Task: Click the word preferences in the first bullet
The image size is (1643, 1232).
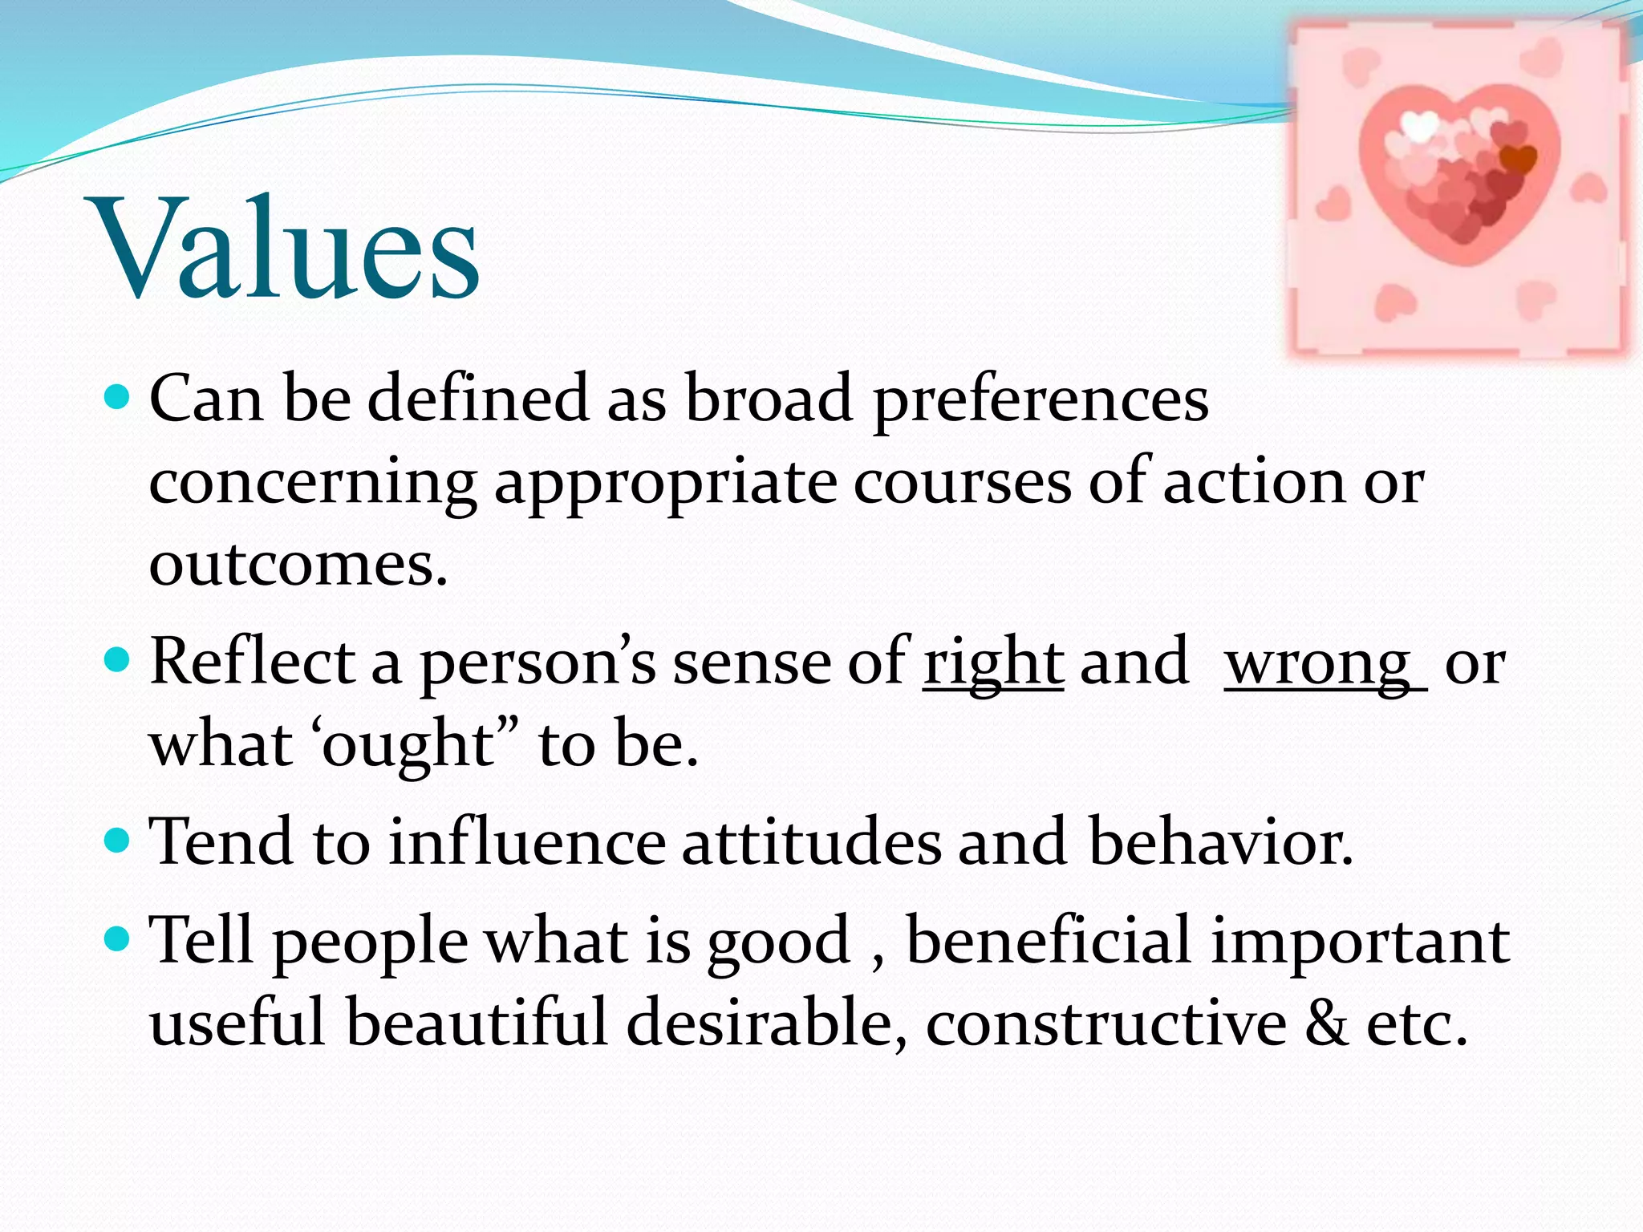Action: point(1041,399)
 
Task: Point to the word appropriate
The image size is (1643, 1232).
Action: point(665,484)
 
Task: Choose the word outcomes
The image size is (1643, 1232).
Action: point(298,564)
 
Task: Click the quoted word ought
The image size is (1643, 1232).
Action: point(408,744)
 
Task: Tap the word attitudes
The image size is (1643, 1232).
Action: point(811,842)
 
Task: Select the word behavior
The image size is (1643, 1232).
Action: point(1220,842)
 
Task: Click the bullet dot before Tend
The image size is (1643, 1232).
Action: point(118,841)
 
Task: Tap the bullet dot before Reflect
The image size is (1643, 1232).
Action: point(118,661)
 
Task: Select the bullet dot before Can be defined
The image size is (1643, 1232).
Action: point(118,396)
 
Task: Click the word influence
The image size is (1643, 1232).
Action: point(527,842)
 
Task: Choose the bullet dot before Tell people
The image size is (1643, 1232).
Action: point(118,938)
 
